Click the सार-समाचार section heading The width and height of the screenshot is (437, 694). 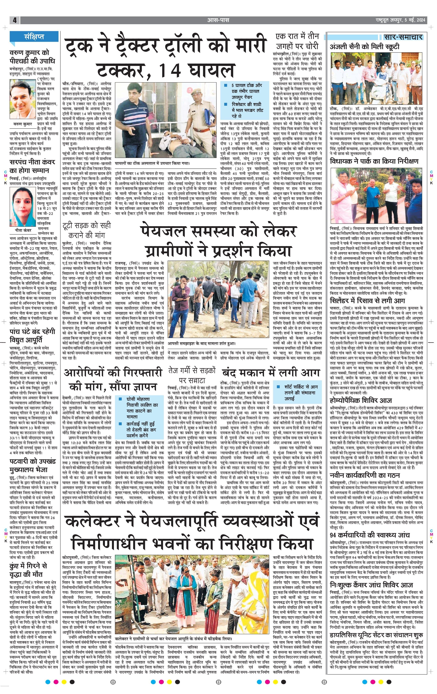click(403, 37)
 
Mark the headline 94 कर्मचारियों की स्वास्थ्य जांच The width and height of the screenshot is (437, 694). click(370, 535)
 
